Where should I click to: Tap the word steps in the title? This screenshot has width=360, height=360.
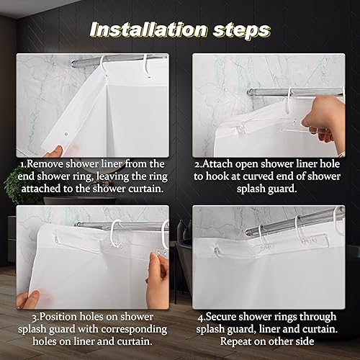[x=242, y=30]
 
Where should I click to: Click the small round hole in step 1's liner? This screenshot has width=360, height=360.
[x=64, y=132]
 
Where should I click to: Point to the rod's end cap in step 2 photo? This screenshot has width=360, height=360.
[x=251, y=91]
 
